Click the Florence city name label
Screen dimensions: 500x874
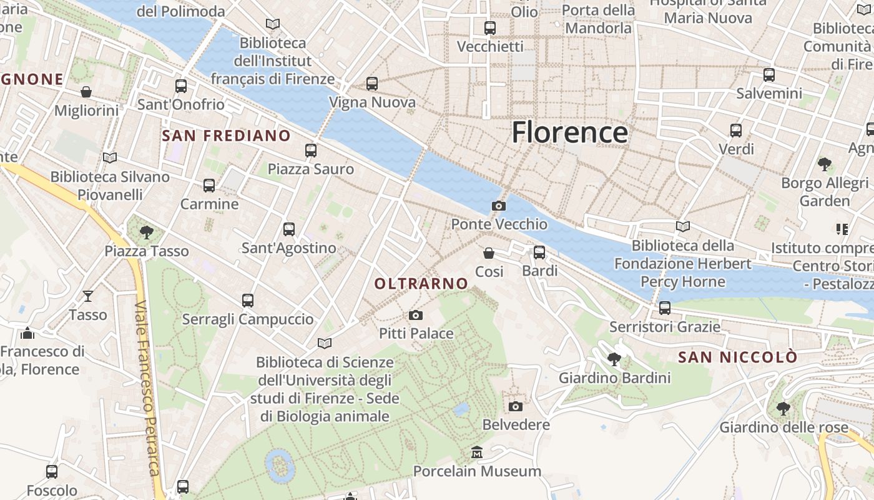tap(569, 132)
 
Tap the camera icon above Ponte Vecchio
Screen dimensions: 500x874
tap(498, 206)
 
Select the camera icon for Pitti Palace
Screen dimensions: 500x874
tap(416, 316)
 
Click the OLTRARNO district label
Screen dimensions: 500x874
tap(421, 284)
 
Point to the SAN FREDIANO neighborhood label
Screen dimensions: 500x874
tap(226, 136)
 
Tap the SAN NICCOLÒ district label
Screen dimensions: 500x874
tap(738, 357)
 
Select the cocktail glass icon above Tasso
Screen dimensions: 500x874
tap(88, 296)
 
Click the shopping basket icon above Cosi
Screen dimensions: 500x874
tap(489, 253)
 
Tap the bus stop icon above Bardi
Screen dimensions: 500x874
tap(539, 252)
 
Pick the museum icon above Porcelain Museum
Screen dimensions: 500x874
tap(477, 452)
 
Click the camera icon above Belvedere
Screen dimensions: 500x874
tap(516, 407)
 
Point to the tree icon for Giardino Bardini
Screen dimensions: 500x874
tap(614, 359)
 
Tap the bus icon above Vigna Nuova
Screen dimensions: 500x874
tap(372, 83)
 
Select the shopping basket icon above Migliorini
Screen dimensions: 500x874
tap(86, 92)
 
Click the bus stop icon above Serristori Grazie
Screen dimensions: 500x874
tap(665, 308)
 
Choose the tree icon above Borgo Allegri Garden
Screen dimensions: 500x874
tap(825, 164)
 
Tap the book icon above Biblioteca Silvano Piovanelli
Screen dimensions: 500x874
tap(110, 158)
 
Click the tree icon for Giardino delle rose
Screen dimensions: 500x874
tap(783, 409)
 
